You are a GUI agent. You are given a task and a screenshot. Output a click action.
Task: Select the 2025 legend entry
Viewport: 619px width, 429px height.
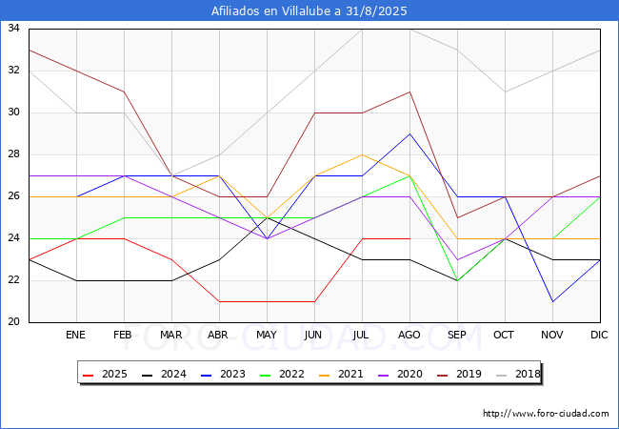pos(105,374)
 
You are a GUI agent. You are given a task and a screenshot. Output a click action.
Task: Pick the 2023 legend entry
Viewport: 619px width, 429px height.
pos(223,374)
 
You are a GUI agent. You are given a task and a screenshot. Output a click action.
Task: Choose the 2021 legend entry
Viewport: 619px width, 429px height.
pos(341,374)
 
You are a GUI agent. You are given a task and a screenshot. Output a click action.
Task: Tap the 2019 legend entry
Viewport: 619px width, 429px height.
pos(459,374)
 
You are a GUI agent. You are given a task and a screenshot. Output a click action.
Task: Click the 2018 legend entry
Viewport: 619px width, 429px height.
pos(518,374)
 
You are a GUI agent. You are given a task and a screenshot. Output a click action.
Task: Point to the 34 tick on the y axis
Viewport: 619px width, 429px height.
pos(13,28)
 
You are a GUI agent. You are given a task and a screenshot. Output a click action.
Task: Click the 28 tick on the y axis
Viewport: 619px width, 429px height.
pos(13,154)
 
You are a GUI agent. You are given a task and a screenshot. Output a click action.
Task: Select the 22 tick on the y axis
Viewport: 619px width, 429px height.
pos(13,280)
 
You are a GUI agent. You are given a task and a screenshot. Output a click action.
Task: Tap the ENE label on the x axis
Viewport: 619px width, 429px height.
pos(75,335)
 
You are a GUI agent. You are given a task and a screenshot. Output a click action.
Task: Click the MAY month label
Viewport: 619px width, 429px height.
pos(267,335)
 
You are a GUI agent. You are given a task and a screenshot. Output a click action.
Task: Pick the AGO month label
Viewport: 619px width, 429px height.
pos(409,335)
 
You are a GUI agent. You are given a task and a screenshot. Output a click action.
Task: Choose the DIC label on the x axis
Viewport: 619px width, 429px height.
pos(599,335)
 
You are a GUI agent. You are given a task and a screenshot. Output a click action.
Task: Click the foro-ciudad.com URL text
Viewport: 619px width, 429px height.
pos(546,413)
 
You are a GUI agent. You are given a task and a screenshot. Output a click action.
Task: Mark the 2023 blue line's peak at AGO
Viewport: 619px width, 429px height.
pos(410,133)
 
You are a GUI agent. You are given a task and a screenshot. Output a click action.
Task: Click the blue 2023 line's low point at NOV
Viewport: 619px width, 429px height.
pos(552,302)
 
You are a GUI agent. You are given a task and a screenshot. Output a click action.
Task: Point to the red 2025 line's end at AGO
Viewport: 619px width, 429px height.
pos(410,238)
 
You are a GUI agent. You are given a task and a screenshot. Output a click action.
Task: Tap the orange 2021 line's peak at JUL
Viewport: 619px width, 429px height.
pos(363,154)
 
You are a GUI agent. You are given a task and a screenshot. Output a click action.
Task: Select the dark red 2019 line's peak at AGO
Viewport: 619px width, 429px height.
pos(410,92)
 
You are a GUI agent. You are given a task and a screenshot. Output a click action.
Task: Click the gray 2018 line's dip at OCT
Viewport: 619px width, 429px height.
pos(506,92)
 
